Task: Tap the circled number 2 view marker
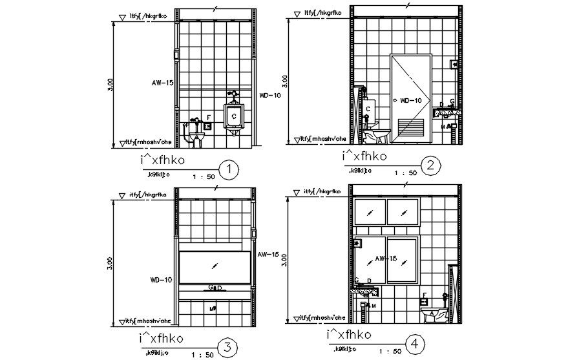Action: (430, 167)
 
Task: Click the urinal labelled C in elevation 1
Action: (233, 116)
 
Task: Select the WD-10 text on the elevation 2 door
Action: (410, 100)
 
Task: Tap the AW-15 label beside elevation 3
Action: (268, 255)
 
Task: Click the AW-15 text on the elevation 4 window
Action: (385, 259)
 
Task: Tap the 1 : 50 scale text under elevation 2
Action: (405, 173)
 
